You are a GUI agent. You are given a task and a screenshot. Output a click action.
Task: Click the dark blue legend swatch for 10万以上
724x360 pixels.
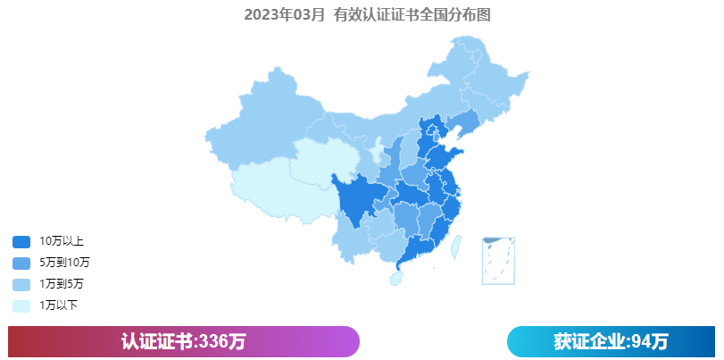click(x=21, y=241)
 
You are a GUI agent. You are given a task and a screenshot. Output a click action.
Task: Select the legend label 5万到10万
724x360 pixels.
click(x=64, y=263)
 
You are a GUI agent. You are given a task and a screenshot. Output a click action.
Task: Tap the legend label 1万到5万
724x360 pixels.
click(x=62, y=284)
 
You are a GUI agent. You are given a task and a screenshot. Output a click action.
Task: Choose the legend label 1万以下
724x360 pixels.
click(x=59, y=306)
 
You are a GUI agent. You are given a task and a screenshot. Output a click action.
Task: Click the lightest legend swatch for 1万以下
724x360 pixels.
click(x=21, y=306)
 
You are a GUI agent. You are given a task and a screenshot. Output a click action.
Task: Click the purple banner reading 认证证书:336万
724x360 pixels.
click(x=183, y=341)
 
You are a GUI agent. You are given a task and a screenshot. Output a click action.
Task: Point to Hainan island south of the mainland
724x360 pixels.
click(x=395, y=279)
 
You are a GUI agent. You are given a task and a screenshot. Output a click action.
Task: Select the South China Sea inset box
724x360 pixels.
click(x=498, y=260)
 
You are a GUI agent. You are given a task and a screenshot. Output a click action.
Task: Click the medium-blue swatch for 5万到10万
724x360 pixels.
click(x=21, y=263)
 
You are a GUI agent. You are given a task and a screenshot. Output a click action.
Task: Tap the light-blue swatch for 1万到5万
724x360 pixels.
click(x=21, y=284)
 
